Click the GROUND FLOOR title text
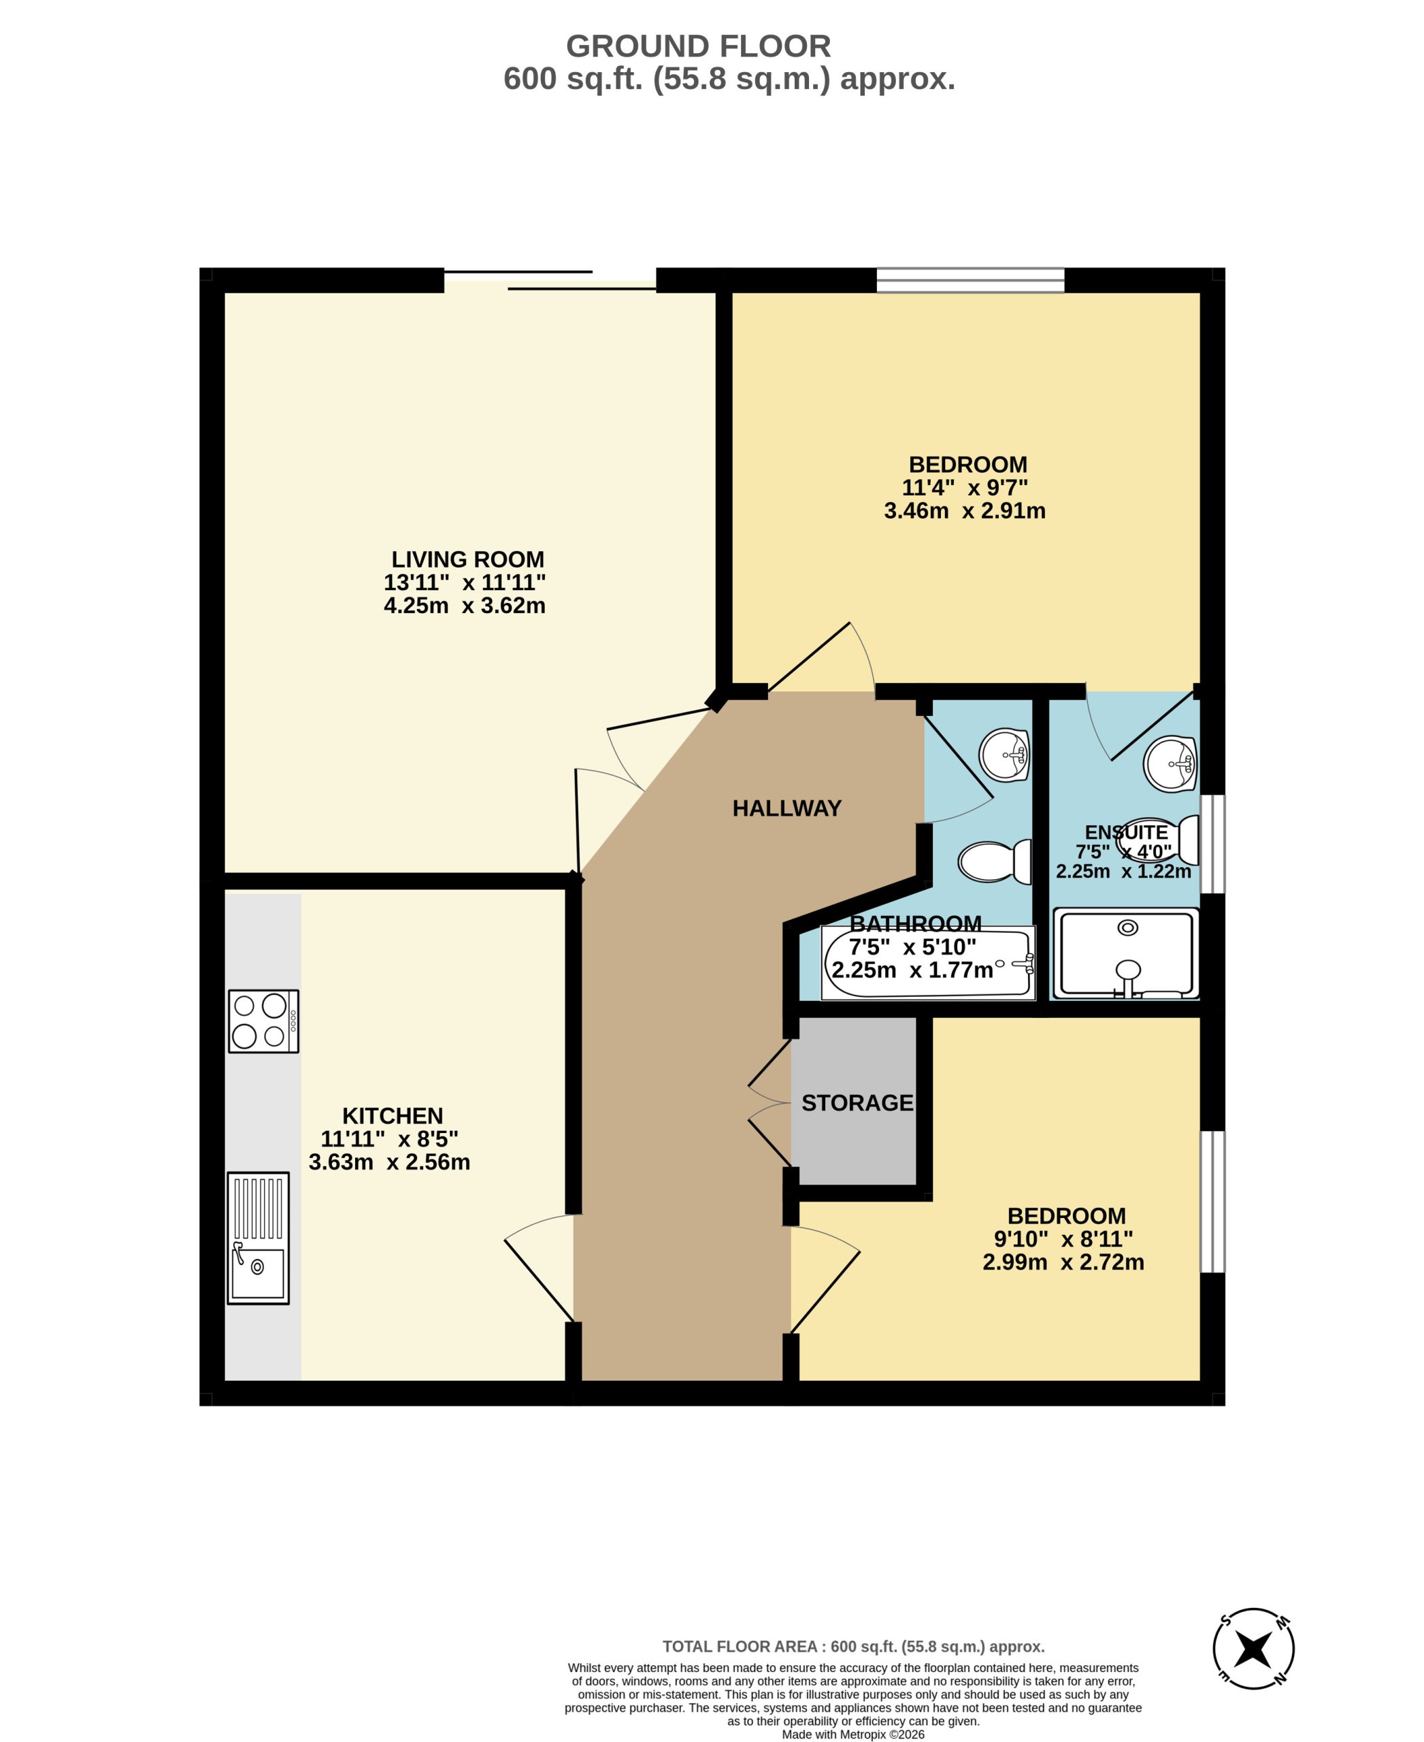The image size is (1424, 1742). coord(698,46)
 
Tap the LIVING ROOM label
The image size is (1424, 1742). coord(467,559)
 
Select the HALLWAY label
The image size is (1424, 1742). coord(786,809)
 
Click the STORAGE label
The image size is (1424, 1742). coord(857,1103)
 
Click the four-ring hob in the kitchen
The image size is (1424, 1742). coord(263,1021)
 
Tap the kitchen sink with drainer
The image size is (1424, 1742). coord(259,1237)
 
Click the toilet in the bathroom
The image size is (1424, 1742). coord(995,861)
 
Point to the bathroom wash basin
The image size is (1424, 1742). coord(1005,754)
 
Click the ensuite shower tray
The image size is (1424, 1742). coord(1126,953)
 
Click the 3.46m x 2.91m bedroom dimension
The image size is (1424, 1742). coord(965,511)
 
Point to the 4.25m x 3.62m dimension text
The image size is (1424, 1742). coord(464,606)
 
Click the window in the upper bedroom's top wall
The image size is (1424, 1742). coord(970,280)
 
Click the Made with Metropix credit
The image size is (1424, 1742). coord(853,1734)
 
